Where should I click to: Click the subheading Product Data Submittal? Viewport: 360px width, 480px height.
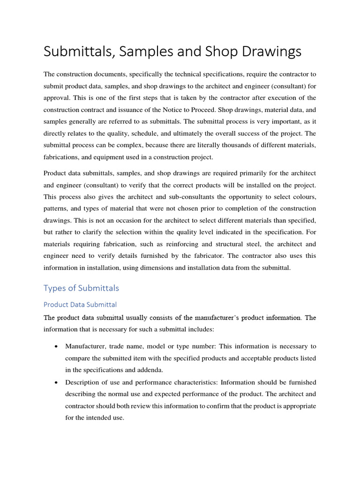pyautogui.click(x=80, y=304)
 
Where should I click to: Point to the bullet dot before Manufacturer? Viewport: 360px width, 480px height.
pyautogui.click(x=56, y=346)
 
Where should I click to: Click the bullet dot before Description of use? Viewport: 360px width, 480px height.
pyautogui.click(x=56, y=382)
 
